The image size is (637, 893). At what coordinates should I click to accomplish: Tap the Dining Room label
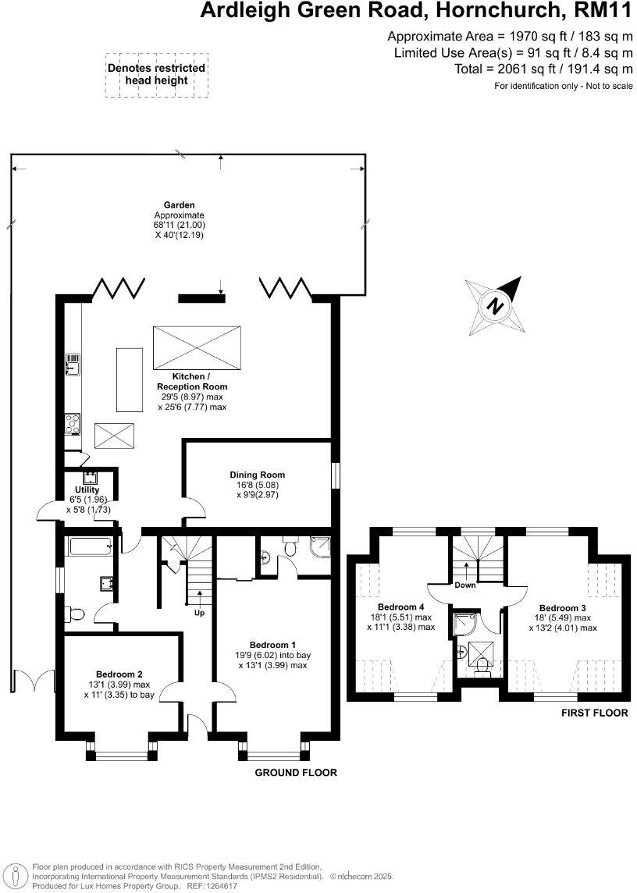257,475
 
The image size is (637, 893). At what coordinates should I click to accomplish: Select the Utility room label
87,490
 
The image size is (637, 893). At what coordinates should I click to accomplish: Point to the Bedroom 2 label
119,674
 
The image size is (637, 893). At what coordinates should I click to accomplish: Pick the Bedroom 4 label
400,607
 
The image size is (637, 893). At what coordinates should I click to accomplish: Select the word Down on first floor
466,585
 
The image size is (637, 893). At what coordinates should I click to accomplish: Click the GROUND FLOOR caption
296,773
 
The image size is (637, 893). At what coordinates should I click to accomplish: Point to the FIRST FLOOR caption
594,713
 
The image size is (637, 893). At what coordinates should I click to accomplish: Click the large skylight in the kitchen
197,347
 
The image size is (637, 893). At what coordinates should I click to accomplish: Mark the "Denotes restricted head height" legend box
156,75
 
